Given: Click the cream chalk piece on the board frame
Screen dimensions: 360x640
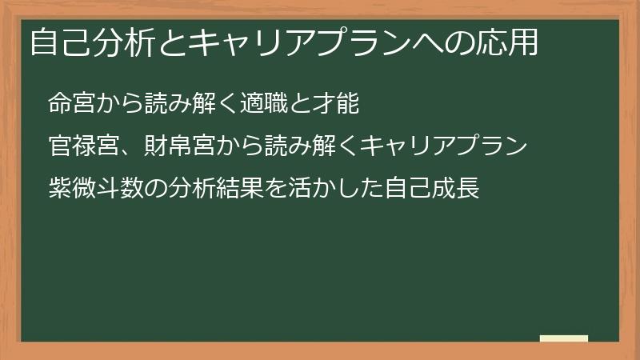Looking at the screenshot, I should [564, 338].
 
